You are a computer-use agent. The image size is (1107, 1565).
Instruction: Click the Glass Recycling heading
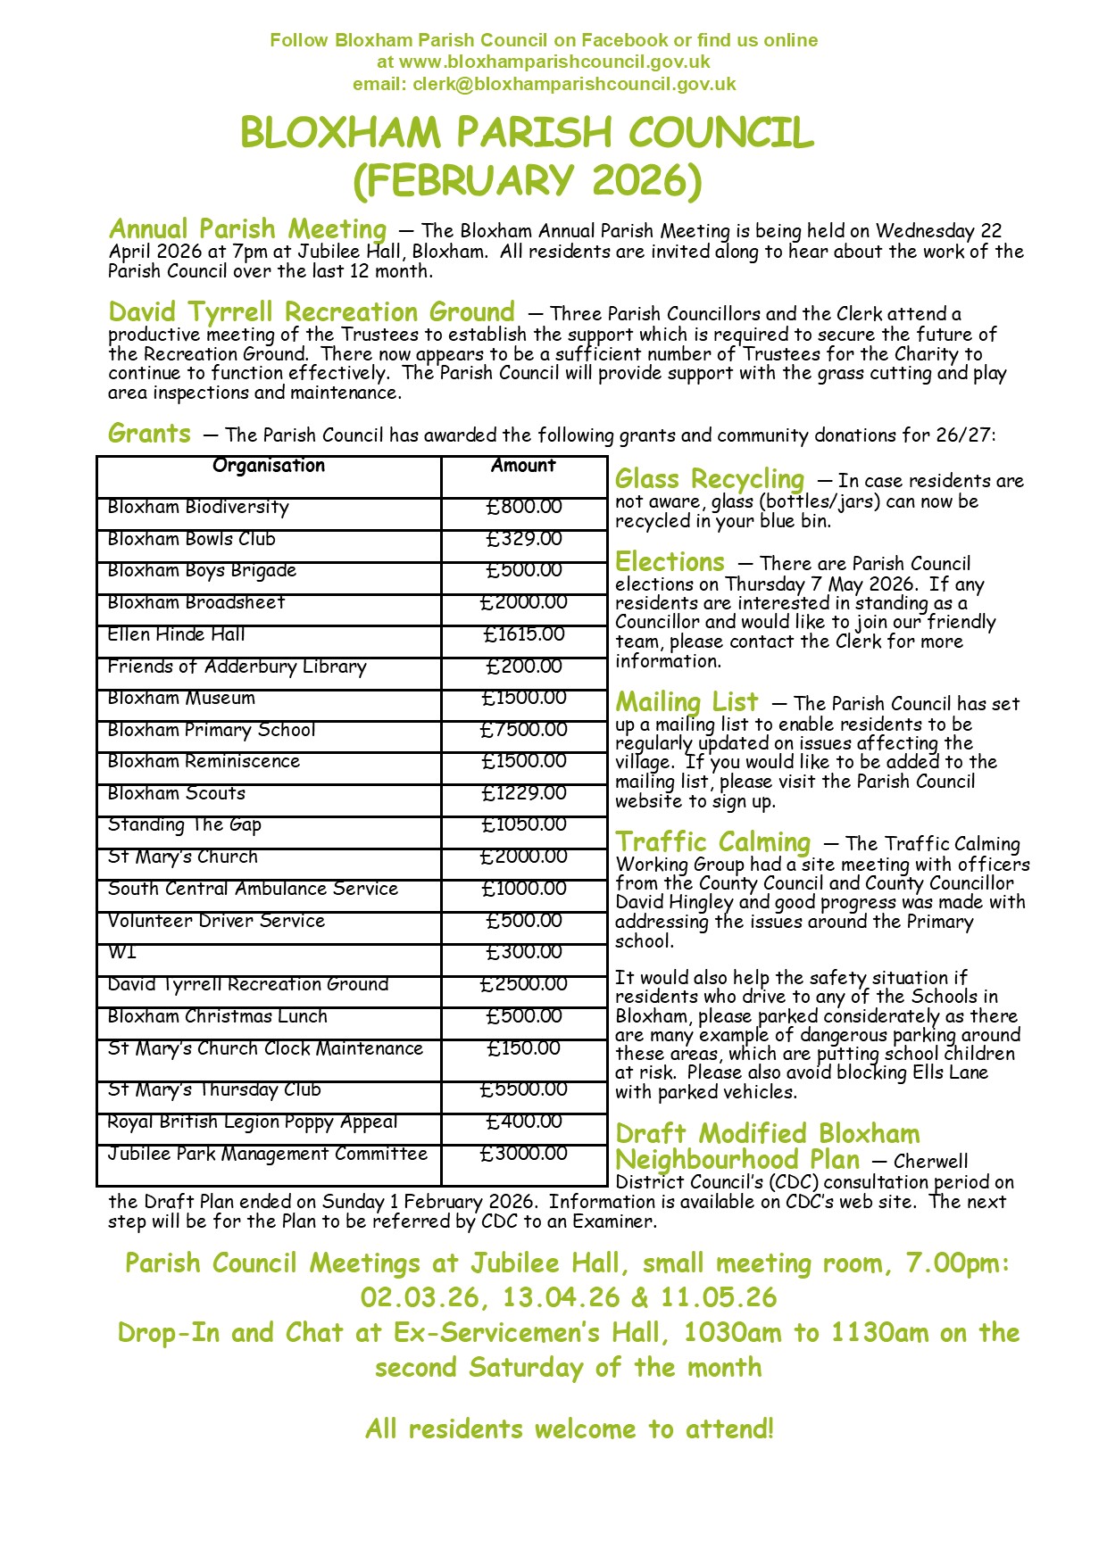(709, 479)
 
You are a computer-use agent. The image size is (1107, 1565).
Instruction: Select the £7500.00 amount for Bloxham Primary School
(524, 730)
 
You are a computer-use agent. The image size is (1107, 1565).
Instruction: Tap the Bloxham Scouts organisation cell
(177, 793)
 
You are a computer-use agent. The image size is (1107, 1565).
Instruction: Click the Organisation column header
(269, 466)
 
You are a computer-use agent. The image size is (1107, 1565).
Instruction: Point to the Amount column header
(523, 466)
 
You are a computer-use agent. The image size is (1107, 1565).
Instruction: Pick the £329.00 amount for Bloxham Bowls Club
(524, 539)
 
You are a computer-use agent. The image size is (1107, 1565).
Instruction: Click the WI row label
(122, 952)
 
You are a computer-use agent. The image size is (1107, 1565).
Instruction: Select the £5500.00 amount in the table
(524, 1089)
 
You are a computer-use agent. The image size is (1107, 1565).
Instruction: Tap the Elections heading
(670, 562)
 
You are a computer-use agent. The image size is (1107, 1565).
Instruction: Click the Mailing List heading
(687, 701)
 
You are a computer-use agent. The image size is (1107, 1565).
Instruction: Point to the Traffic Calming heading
(713, 841)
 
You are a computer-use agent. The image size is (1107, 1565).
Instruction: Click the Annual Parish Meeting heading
(247, 229)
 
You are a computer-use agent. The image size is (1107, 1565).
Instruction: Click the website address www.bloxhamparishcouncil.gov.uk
(554, 62)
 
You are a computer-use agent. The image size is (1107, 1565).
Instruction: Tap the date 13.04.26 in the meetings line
(561, 1297)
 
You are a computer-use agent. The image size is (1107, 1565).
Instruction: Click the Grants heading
(149, 434)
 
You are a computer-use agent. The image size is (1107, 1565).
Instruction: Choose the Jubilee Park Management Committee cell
(268, 1154)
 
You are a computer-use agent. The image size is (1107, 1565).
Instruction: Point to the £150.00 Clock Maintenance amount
(524, 1048)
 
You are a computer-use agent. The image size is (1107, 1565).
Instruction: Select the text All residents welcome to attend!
(569, 1429)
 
